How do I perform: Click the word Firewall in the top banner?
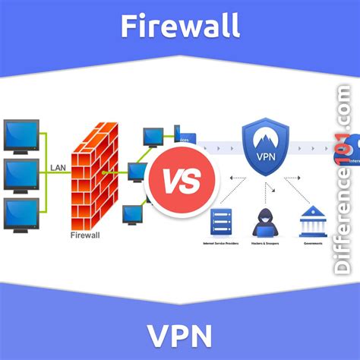[x=180, y=26]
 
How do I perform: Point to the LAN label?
[x=58, y=166]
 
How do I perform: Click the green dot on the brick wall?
[x=104, y=172]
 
